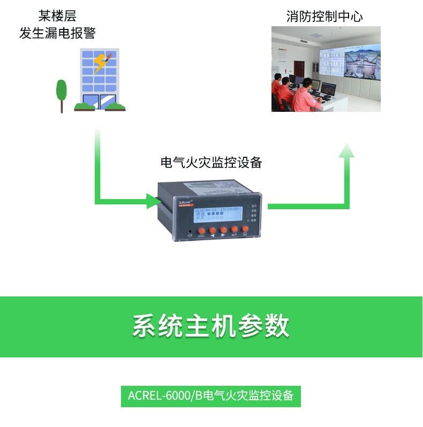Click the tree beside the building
pyautogui.click(x=62, y=92)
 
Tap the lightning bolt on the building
pyautogui.click(x=101, y=63)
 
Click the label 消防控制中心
pyautogui.click(x=324, y=17)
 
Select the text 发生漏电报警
pyautogui.click(x=57, y=33)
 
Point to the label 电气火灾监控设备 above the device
pyautogui.click(x=211, y=163)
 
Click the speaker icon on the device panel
pyautogui.click(x=190, y=234)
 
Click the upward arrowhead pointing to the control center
pyautogui.click(x=346, y=150)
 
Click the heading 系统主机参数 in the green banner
pyautogui.click(x=211, y=326)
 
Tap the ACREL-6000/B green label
pyautogui.click(x=211, y=395)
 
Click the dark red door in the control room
pyautogui.click(x=299, y=72)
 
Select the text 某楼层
pyautogui.click(x=57, y=16)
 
